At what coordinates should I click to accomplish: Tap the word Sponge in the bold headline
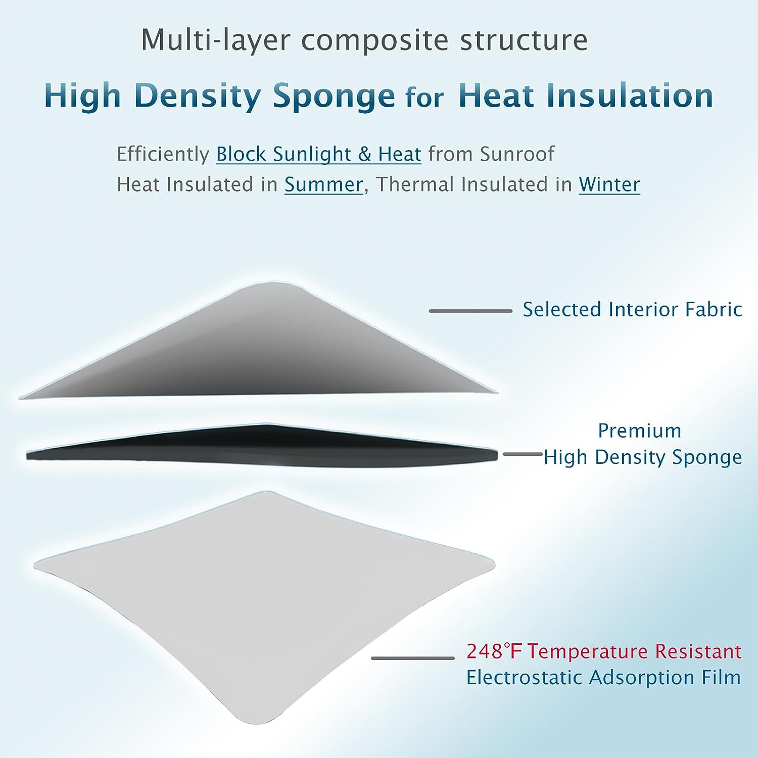(334, 96)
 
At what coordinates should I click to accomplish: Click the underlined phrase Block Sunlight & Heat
(319, 154)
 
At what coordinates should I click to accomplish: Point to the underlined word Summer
(323, 184)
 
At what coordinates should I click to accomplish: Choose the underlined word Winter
(609, 184)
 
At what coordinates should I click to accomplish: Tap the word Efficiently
(163, 154)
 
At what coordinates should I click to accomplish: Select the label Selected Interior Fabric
(632, 309)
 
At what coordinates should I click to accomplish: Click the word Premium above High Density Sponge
(640, 431)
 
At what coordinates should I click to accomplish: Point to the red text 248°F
(494, 651)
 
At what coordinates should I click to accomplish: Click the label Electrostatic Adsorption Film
(603, 677)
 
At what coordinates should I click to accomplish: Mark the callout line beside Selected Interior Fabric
(470, 311)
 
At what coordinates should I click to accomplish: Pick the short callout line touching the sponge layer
(523, 454)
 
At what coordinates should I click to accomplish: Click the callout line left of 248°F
(413, 658)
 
